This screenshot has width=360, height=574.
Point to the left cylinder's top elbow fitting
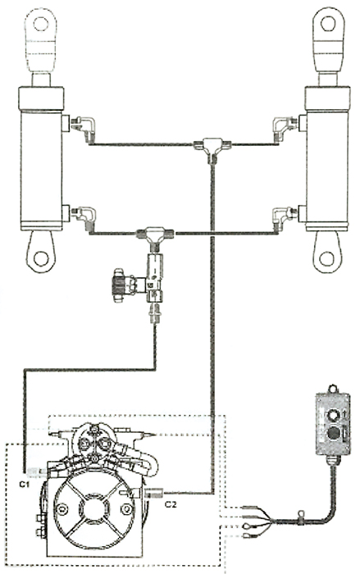[83, 124]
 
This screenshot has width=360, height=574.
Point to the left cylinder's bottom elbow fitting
[84, 215]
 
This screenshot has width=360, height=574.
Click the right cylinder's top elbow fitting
[284, 125]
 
